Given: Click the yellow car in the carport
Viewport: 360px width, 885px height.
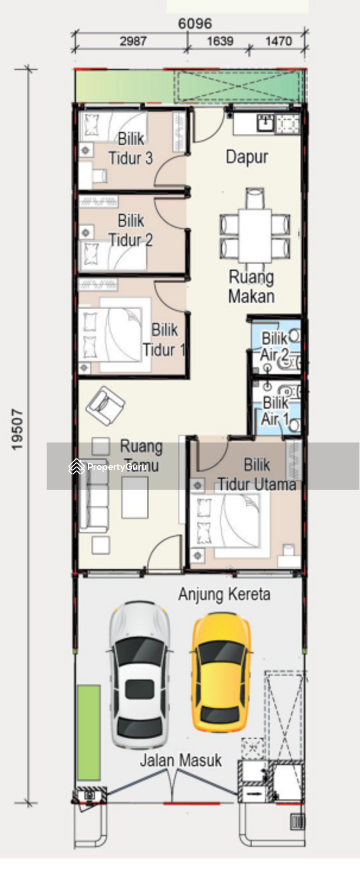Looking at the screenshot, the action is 221,671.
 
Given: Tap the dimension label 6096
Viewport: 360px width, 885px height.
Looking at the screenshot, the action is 195,24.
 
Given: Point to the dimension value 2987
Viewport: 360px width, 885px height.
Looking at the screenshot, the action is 133,41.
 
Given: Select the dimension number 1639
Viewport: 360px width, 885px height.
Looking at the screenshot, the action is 220,41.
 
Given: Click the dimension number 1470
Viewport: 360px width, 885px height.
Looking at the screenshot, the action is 279,41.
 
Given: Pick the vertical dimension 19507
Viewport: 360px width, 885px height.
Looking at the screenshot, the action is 18,430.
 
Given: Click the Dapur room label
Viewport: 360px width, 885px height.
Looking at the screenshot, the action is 247,158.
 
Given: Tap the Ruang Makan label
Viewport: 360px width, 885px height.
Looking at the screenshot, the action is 251,286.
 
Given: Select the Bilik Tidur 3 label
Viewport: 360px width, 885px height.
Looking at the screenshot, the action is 131,149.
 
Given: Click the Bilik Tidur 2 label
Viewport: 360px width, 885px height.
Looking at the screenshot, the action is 131,230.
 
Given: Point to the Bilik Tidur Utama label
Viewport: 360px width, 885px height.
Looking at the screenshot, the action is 257,474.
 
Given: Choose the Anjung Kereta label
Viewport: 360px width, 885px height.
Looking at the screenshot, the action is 224,594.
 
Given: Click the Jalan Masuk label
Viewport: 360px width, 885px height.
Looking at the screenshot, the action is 181,760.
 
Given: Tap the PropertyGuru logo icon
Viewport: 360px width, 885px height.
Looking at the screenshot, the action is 76,467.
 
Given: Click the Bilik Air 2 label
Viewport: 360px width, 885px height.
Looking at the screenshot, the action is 274,346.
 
